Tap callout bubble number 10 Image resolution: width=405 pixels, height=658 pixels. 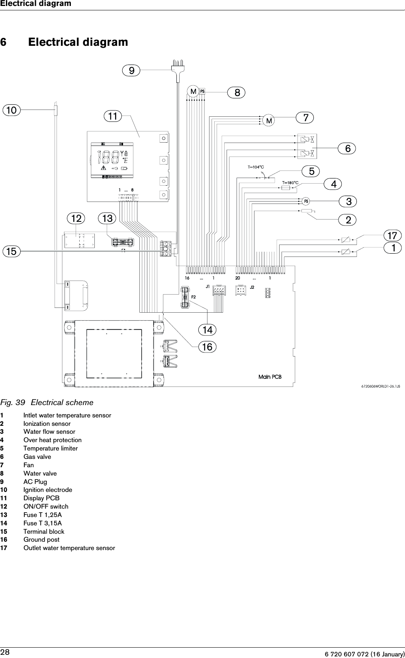tap(12, 110)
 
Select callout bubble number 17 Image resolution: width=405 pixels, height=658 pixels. tap(392, 235)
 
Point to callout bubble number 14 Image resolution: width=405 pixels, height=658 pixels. tap(207, 330)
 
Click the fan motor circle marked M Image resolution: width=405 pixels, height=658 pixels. tap(269, 120)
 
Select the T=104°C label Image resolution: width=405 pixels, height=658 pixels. tap(256, 167)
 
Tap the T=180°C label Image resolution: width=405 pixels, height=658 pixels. tap(290, 183)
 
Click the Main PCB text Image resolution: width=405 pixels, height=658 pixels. tap(270, 376)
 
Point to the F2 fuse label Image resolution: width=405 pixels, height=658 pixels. tap(194, 297)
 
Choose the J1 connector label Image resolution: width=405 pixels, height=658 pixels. tap(207, 286)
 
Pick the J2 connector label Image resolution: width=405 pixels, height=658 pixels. tap(252, 287)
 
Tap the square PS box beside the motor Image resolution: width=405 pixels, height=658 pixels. tap(202, 91)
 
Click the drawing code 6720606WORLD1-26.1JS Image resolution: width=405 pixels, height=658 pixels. tap(381, 386)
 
